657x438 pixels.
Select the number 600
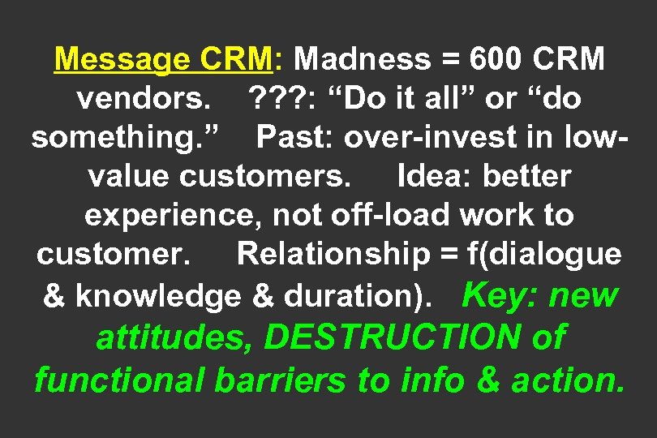click(x=487, y=59)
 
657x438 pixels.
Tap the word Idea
click(x=428, y=176)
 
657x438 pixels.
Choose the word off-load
click(x=378, y=216)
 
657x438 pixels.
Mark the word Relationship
click(x=333, y=255)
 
